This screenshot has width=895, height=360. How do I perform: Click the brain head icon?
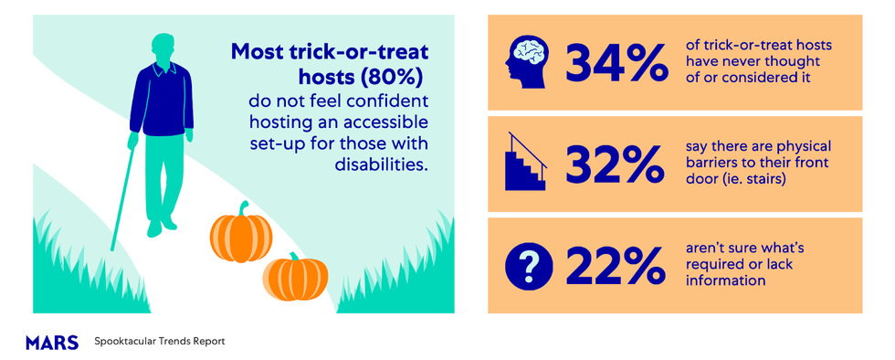(x=529, y=62)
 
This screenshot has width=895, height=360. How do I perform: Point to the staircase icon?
(x=528, y=163)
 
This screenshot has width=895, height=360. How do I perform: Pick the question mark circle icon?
(x=529, y=265)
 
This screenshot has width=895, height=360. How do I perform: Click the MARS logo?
(x=52, y=342)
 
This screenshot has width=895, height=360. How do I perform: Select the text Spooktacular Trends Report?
(x=159, y=342)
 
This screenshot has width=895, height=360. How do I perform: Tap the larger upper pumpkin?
(x=241, y=234)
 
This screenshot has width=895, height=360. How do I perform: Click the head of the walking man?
(x=163, y=48)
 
